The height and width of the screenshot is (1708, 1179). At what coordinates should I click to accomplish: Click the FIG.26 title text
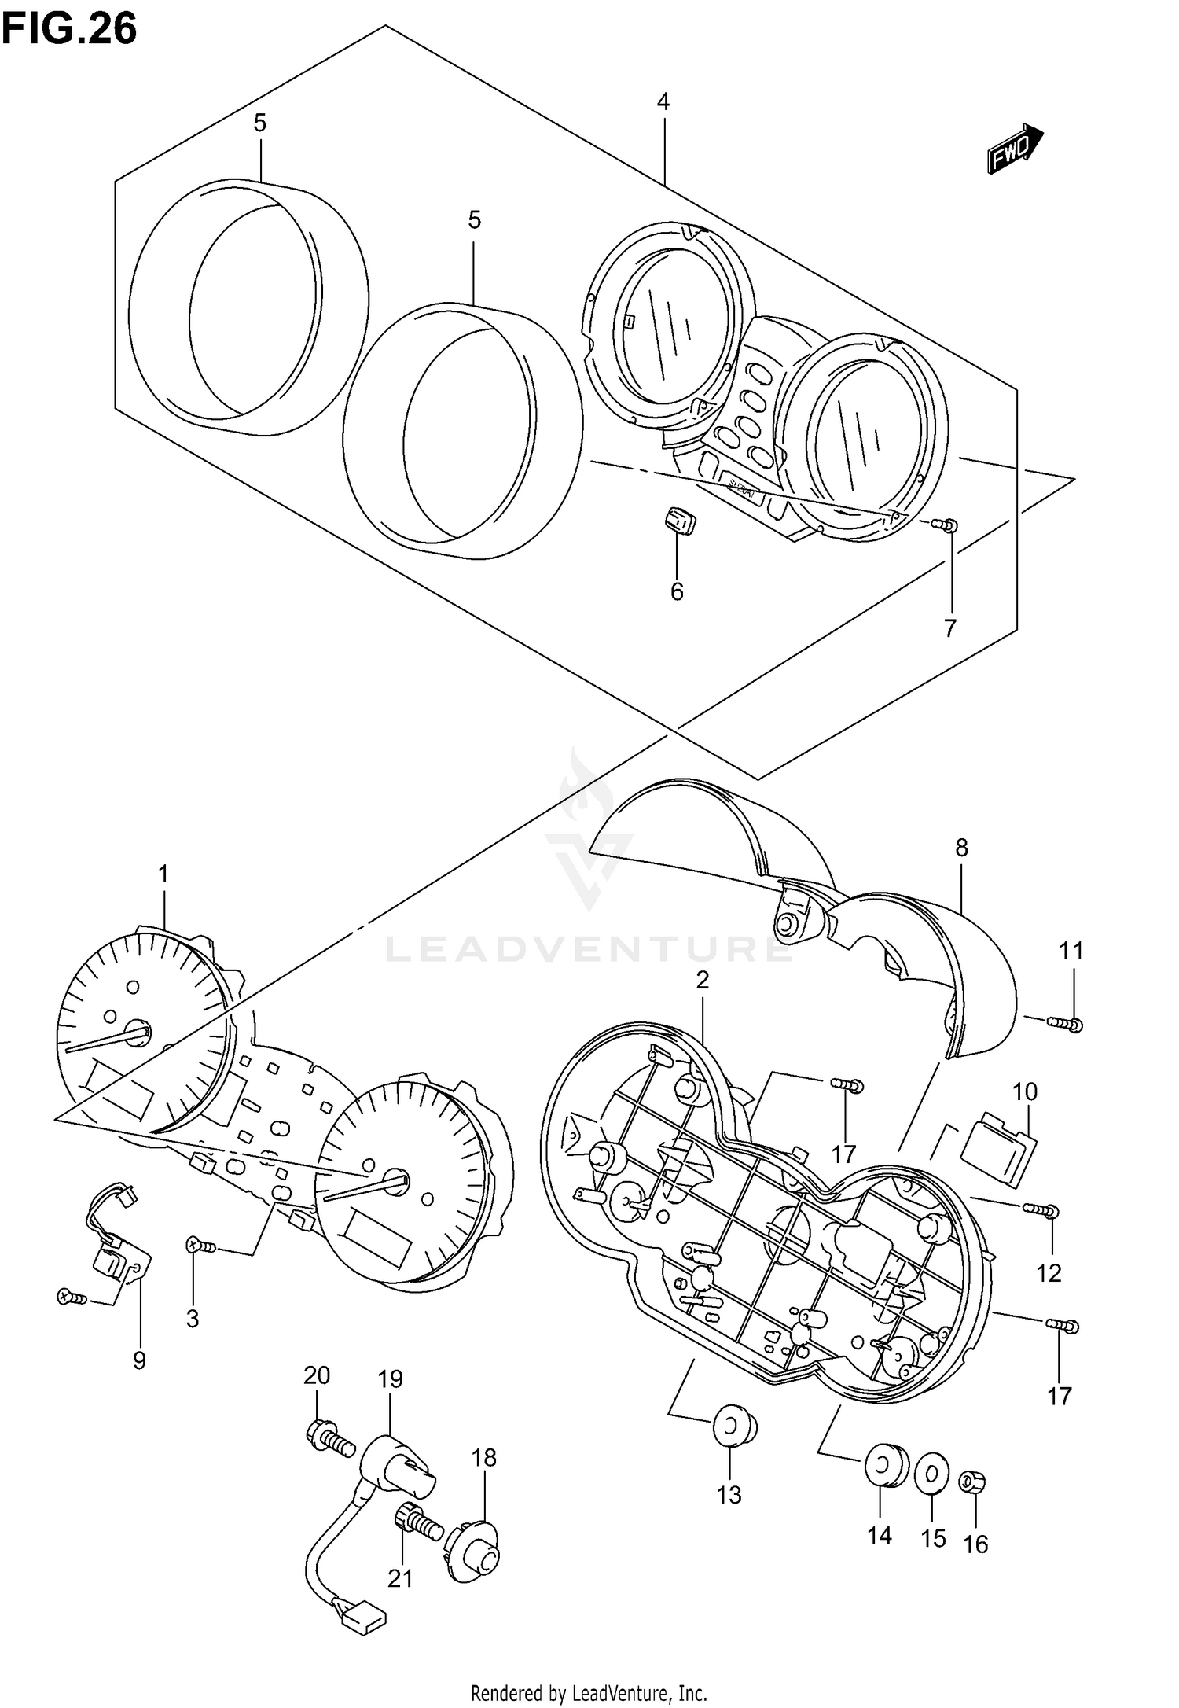pyautogui.click(x=69, y=30)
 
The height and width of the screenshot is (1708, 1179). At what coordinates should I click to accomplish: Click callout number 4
pyautogui.click(x=663, y=102)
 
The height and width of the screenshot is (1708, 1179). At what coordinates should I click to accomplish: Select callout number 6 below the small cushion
pyautogui.click(x=677, y=591)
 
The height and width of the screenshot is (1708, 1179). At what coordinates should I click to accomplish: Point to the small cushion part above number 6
pyautogui.click(x=677, y=520)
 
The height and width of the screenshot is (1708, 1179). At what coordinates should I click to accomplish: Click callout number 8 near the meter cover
pyautogui.click(x=961, y=848)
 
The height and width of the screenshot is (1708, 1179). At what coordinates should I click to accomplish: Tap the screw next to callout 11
pyautogui.click(x=1066, y=1023)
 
